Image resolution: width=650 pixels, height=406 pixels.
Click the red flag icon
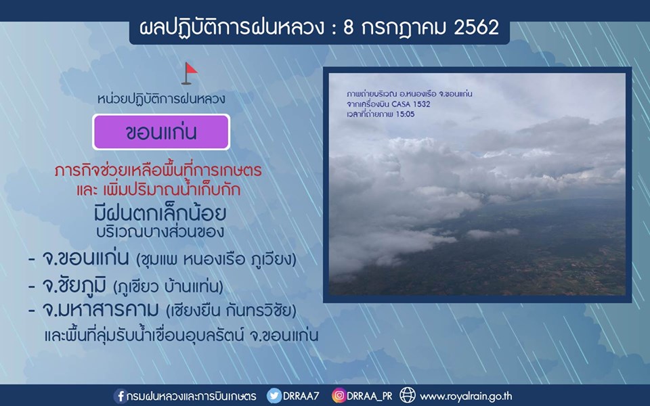[190, 73]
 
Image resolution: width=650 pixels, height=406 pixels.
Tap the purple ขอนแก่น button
[161, 132]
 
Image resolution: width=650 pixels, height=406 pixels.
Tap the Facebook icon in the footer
[121, 396]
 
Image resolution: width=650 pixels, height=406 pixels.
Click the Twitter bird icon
[274, 396]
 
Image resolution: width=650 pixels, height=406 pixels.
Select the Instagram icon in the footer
[339, 396]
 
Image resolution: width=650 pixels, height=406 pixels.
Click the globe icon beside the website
[407, 396]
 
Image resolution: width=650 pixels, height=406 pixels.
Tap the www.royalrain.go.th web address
[466, 397]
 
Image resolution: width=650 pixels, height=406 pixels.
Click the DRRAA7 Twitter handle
[301, 396]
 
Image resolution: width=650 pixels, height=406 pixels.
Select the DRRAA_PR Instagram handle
[370, 397]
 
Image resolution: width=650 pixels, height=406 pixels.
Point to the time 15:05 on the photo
[405, 114]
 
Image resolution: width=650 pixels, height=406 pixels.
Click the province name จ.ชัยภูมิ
[74, 286]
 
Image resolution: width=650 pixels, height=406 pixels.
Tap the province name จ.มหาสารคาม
[100, 310]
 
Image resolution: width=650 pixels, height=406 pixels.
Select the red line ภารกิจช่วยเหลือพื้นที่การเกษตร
[158, 170]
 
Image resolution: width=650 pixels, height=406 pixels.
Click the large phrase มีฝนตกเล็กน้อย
[160, 213]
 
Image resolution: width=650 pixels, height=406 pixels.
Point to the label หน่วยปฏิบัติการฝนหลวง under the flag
[161, 99]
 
